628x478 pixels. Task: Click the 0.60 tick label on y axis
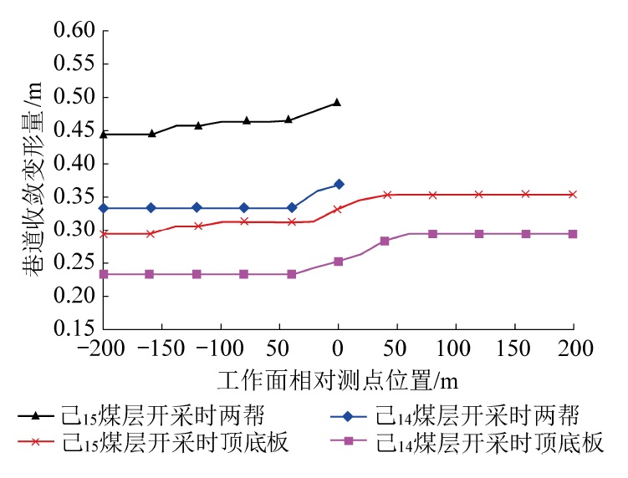[x=74, y=31]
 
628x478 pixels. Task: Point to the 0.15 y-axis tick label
[x=74, y=328]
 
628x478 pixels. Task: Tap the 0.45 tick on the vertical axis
[x=74, y=130]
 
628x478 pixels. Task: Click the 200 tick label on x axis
[x=574, y=345]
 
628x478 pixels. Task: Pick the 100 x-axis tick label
[x=456, y=345]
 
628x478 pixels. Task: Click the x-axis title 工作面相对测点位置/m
[x=338, y=380]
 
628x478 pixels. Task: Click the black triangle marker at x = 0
[x=338, y=102]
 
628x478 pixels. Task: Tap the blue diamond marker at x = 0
[x=339, y=184]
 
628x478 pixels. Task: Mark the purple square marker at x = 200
[x=574, y=234]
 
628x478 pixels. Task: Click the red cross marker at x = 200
[x=574, y=194]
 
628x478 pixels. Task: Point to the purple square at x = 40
[x=385, y=241]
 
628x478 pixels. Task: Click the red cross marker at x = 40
[x=387, y=195]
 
